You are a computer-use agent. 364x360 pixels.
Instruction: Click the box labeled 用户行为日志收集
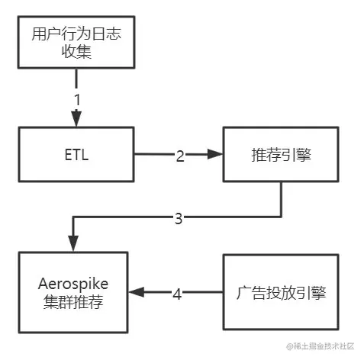point(76,43)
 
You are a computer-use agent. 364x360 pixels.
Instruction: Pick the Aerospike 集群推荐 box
point(76,292)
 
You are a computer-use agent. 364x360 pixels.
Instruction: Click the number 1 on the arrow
point(76,101)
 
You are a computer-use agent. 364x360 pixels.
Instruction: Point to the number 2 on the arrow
point(179,156)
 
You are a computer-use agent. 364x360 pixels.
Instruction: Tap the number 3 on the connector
point(179,219)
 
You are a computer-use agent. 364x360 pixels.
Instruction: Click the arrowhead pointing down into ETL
point(76,120)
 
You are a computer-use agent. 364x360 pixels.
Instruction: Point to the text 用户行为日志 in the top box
point(76,34)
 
